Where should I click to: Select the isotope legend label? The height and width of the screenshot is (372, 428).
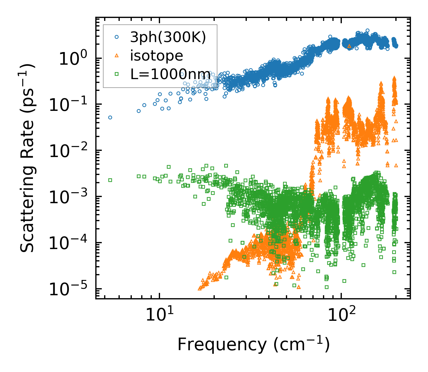(156, 56)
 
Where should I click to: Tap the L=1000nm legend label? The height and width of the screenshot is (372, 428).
(171, 74)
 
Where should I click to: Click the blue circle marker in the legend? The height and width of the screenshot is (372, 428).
(117, 37)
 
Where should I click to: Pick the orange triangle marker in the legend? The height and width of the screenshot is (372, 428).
(117, 56)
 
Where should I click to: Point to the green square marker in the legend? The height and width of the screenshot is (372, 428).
(117, 74)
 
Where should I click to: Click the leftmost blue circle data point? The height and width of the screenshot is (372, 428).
(110, 117)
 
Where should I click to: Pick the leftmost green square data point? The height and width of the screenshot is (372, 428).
(110, 180)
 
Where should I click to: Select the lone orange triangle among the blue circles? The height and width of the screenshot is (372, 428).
(349, 46)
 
